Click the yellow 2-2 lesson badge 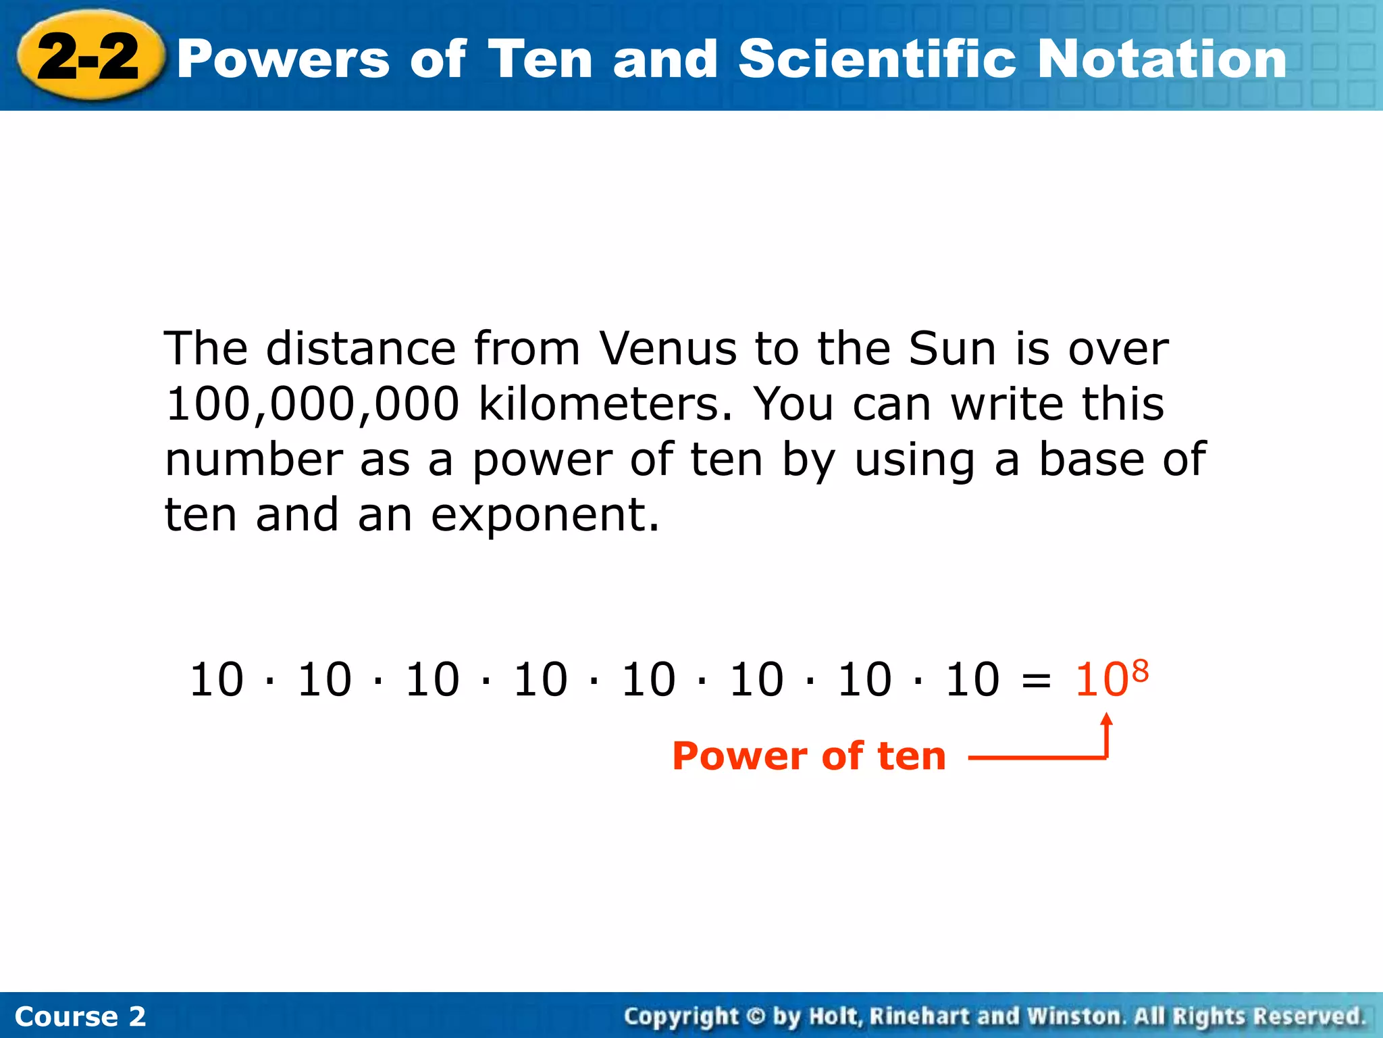pos(89,57)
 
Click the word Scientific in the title pos(877,59)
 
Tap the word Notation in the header pos(1162,59)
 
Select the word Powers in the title pos(284,59)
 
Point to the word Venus pos(668,349)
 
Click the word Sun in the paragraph pos(952,349)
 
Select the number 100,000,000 pos(313,405)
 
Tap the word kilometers pos(605,405)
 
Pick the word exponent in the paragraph pos(544,516)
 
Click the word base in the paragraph pos(1089,460)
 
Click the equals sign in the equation pos(1037,680)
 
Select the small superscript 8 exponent pos(1140,671)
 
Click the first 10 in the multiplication pos(216,680)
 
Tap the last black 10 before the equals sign pos(972,680)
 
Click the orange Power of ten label pos(809,756)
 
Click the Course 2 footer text pos(80,1016)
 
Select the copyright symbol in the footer pos(756,1016)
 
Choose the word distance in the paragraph pos(361,349)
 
